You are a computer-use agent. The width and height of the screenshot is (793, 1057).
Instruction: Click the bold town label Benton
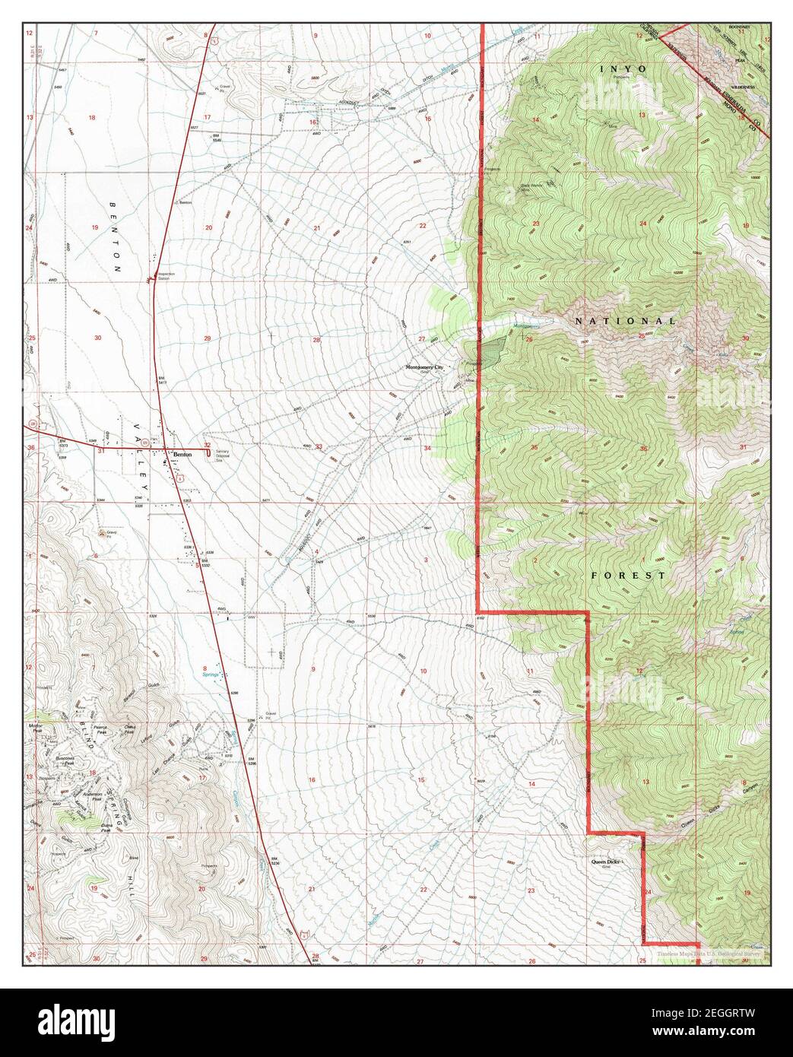coord(182,454)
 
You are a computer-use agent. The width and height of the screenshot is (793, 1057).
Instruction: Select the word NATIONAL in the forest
coord(625,322)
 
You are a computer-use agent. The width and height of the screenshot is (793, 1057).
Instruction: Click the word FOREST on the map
coord(628,576)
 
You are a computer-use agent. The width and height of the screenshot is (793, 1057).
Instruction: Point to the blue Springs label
coord(211,675)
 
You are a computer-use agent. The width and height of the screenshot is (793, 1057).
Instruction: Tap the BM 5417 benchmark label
coord(162,379)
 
